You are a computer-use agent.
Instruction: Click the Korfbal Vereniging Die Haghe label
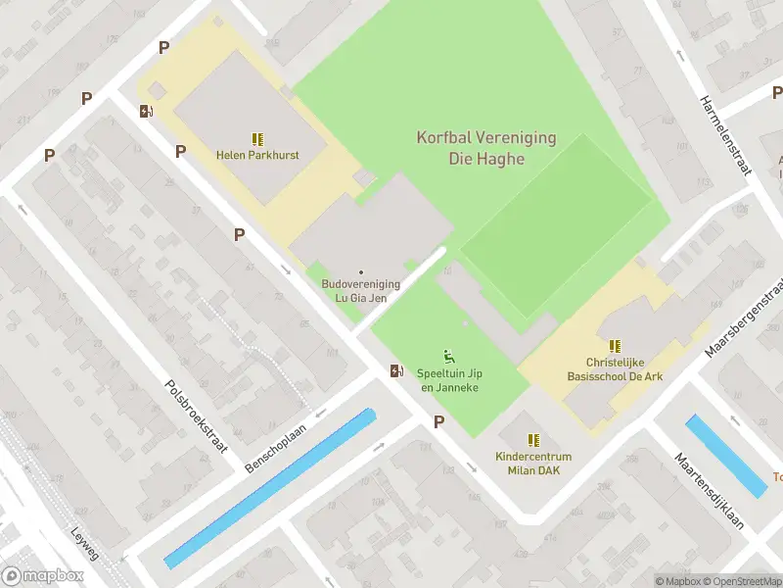486,149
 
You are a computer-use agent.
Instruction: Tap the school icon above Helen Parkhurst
257,140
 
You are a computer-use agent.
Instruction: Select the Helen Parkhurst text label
257,156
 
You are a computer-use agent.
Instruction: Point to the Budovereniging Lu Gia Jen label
361,290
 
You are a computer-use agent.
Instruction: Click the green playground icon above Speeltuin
449,356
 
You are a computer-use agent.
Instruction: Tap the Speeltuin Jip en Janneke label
449,380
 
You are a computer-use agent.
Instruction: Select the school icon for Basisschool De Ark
615,346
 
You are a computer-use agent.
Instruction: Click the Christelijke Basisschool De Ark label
614,368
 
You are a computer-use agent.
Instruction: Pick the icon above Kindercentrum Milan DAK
533,441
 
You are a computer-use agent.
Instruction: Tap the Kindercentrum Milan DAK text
533,464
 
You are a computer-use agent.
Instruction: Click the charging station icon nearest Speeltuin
395,370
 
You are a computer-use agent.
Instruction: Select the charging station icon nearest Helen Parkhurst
146,111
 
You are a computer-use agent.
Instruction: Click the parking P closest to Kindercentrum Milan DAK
439,421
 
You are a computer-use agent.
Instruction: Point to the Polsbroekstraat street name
197,416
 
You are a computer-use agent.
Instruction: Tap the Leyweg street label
85,545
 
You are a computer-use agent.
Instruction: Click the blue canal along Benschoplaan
269,488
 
